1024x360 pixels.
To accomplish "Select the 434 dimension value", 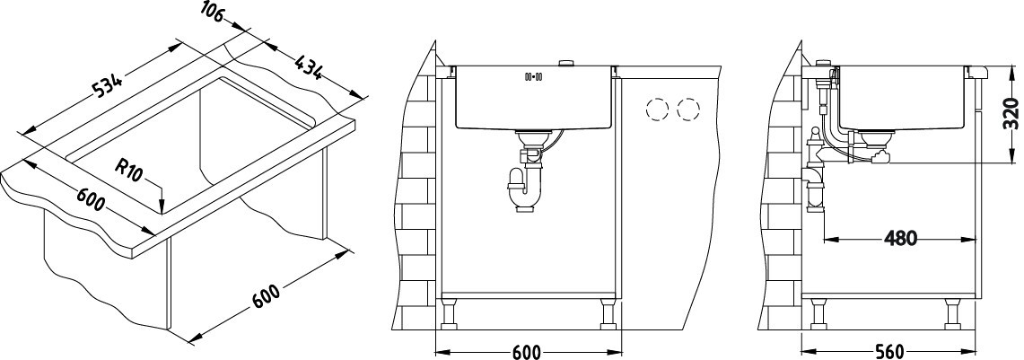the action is point(307,68).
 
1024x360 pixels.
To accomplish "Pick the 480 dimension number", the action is point(900,239).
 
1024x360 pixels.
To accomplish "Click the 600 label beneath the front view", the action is point(526,352).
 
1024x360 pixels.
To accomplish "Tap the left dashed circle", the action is point(656,110).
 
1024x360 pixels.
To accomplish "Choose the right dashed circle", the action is point(688,110).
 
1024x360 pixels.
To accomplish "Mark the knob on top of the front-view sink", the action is point(565,63).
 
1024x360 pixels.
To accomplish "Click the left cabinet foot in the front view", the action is point(449,315).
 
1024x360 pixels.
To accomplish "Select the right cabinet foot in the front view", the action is point(607,315).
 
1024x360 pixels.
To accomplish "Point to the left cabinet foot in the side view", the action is point(817,315).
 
